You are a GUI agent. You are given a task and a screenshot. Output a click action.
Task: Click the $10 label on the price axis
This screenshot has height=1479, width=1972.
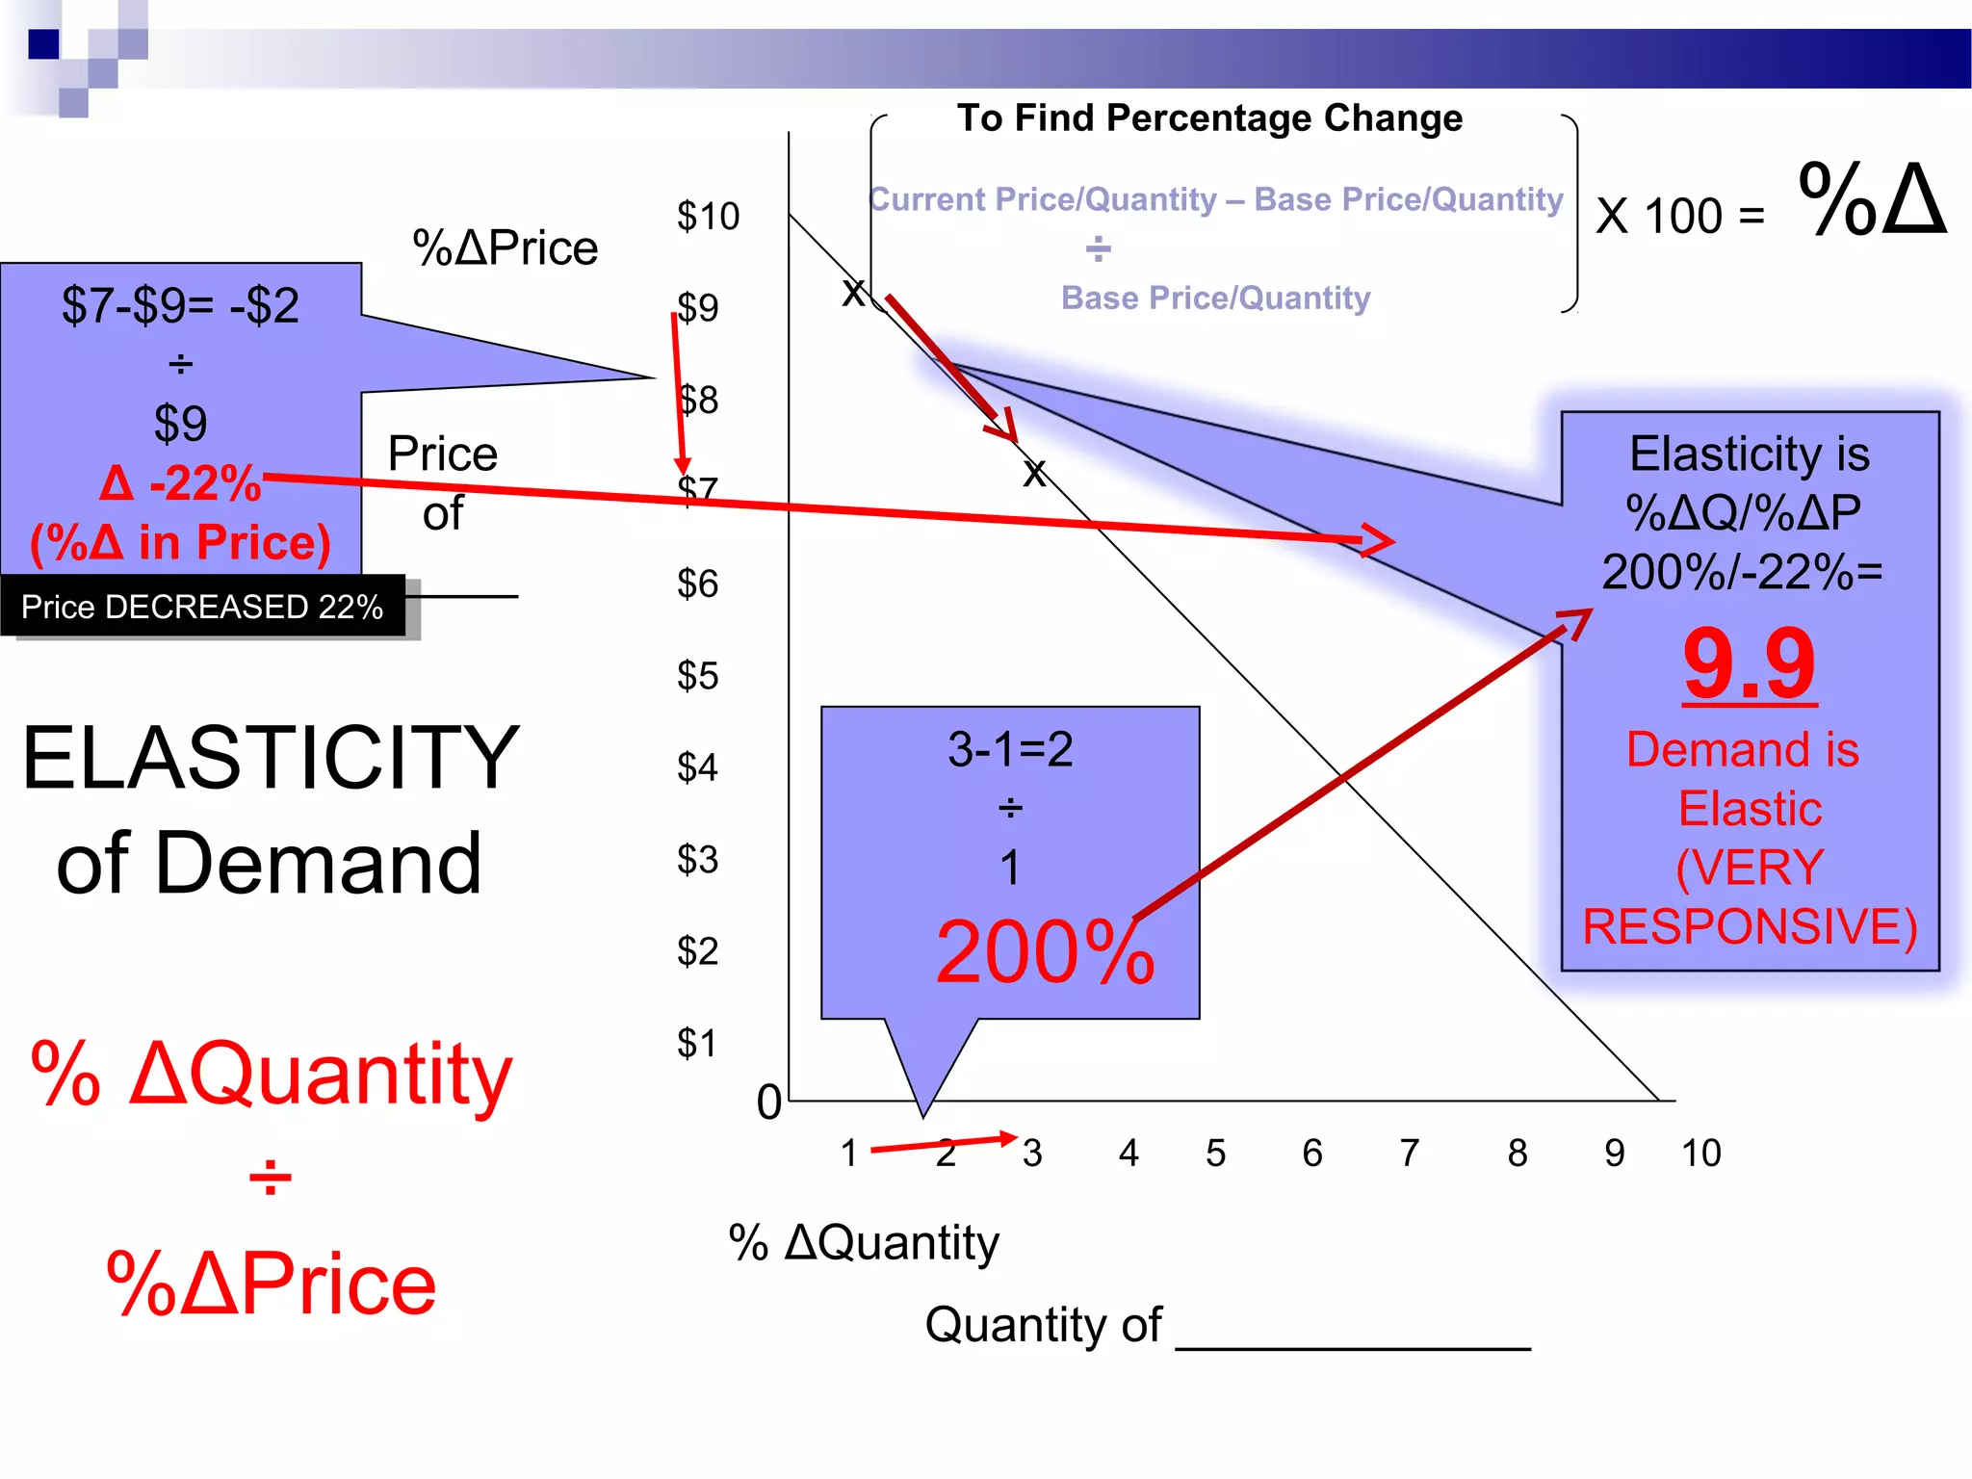[708, 217]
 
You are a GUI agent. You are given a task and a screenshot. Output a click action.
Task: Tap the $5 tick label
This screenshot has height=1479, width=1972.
[697, 676]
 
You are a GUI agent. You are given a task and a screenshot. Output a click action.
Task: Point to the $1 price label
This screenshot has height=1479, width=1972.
[697, 1044]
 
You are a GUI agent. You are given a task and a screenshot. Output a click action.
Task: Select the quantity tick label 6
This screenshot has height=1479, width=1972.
[1312, 1153]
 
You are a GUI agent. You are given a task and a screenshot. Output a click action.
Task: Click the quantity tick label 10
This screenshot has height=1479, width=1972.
[1700, 1153]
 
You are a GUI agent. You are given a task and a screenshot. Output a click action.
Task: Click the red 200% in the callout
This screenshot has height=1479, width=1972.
[1045, 952]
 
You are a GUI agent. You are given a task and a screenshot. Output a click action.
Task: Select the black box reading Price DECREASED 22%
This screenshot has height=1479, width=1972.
[202, 607]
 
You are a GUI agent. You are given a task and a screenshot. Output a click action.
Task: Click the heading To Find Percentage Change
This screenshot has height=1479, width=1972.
[1209, 118]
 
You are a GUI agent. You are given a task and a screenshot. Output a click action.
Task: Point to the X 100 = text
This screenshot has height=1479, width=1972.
[1680, 216]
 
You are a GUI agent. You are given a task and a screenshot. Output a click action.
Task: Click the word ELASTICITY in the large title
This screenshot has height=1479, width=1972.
[271, 759]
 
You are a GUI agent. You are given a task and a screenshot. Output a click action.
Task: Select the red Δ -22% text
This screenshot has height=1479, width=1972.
[180, 483]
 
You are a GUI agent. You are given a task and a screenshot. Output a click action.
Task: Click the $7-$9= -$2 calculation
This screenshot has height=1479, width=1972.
[180, 306]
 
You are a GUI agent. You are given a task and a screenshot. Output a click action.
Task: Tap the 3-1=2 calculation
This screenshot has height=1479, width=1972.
[1010, 749]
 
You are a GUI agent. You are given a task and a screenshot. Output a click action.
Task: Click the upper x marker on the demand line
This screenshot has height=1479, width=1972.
[853, 292]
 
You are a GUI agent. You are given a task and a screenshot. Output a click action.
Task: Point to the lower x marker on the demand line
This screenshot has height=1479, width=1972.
[1034, 473]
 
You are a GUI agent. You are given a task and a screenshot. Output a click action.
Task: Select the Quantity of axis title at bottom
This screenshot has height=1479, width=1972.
[1044, 1325]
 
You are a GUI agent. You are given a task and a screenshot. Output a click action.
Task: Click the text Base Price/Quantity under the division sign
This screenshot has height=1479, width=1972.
[1215, 298]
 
